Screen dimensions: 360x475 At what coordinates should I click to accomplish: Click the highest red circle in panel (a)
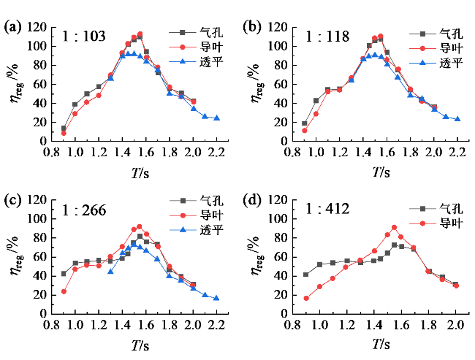pos(140,34)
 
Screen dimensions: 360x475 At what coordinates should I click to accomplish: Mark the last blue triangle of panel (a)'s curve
pos(216,118)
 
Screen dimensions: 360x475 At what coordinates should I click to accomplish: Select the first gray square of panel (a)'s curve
pos(64,129)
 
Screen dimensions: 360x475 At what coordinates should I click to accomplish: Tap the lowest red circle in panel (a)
pos(64,133)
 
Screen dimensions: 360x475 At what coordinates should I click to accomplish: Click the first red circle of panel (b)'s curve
pos(304,131)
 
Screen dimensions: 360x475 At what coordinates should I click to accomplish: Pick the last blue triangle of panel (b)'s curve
pos(457,118)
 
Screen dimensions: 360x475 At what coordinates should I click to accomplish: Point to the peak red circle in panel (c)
pos(140,226)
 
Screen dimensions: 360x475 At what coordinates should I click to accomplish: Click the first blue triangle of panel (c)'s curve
pos(110,272)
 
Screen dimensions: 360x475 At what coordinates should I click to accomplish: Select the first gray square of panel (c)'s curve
pos(64,275)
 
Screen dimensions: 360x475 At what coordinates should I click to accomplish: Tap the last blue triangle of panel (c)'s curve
pos(216,298)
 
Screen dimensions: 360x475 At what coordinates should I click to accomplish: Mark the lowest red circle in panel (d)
pos(306,298)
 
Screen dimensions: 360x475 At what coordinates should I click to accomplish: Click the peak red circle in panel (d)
pos(394,227)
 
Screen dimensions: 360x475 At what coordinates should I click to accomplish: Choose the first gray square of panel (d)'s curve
pos(306,275)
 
